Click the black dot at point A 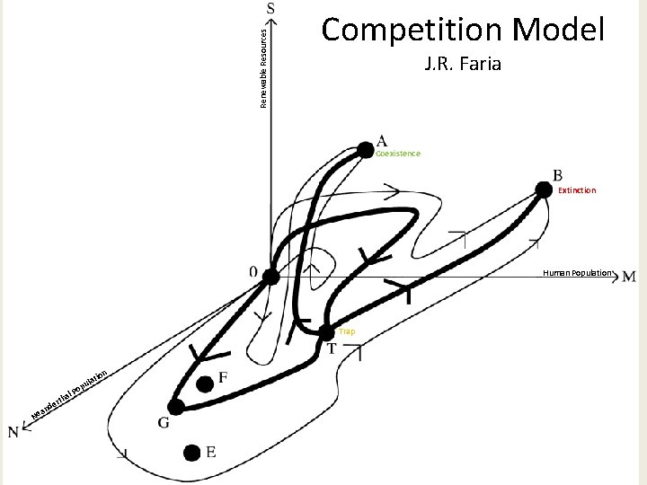[x=363, y=149]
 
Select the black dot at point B [x=543, y=189]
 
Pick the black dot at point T [x=326, y=332]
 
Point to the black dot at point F [x=206, y=384]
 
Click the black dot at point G [x=176, y=407]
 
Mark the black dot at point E [x=191, y=453]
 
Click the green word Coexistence [x=398, y=154]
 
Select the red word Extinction [x=576, y=190]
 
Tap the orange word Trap [x=347, y=331]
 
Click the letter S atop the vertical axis [x=271, y=8]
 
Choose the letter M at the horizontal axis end [x=629, y=277]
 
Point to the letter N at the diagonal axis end [x=15, y=432]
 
